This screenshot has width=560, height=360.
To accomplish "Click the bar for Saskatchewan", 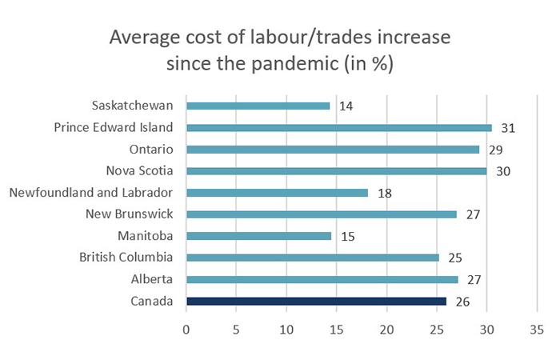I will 258,106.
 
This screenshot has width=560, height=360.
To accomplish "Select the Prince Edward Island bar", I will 338,127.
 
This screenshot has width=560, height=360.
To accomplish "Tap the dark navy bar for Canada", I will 316,301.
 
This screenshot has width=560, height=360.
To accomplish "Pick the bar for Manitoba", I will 258,236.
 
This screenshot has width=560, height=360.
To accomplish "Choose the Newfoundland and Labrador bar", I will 277,192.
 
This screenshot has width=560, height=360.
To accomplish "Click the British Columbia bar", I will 312,258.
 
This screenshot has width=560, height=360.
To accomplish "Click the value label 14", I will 346,106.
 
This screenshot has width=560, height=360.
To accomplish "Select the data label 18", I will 385,192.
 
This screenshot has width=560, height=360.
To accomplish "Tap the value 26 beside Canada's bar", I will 462,301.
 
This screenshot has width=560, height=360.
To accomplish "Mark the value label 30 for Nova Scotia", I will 502,170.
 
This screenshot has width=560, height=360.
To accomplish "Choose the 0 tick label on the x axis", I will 186,329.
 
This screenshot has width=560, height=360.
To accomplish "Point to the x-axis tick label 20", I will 386,329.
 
